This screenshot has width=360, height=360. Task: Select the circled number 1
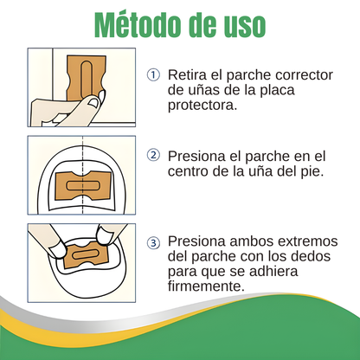click(x=153, y=74)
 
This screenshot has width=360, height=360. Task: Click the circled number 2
click(x=153, y=156)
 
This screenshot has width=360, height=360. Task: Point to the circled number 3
click(x=153, y=241)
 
